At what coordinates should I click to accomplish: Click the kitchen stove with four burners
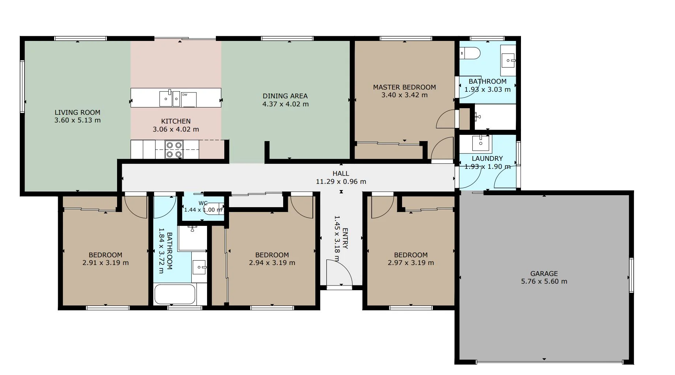[x=174, y=150]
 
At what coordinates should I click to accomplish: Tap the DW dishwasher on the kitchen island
[x=189, y=99]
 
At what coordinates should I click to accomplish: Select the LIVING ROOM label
[x=77, y=113]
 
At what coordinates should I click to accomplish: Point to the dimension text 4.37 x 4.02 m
[x=285, y=104]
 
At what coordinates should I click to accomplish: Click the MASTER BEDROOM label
[x=404, y=87]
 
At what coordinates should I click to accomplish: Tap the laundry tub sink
[x=481, y=143]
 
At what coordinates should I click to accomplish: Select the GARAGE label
[x=544, y=273]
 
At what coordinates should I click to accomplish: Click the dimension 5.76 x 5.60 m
[x=544, y=281]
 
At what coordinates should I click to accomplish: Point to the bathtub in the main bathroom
[x=175, y=295]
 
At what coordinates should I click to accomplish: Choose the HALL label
[x=341, y=174]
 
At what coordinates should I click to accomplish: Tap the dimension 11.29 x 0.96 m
[x=341, y=182]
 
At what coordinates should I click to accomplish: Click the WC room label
[x=203, y=203]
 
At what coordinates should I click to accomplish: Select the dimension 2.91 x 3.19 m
[x=105, y=263]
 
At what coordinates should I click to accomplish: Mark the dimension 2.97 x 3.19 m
[x=410, y=263]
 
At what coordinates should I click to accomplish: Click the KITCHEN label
[x=176, y=121]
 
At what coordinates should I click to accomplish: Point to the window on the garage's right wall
[x=631, y=275]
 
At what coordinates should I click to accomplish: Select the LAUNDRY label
[x=487, y=159]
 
